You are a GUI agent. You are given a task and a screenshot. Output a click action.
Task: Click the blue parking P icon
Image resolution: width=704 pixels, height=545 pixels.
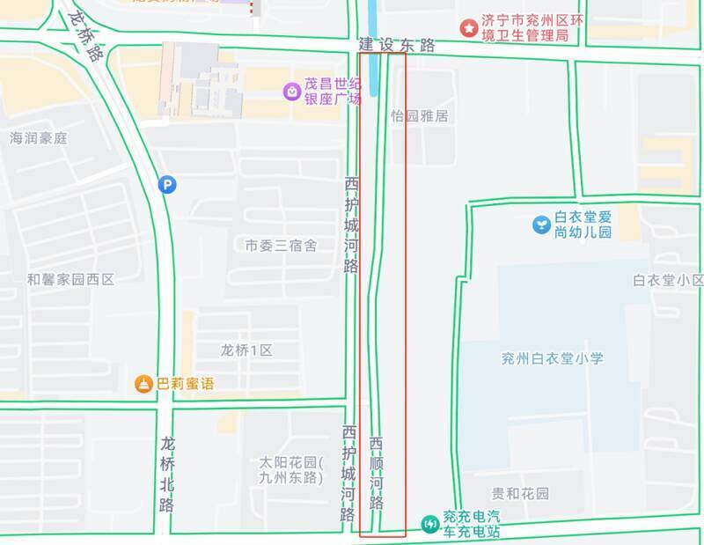(x=166, y=184)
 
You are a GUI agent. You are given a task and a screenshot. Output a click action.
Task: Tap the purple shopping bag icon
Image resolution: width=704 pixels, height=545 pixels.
(x=290, y=90)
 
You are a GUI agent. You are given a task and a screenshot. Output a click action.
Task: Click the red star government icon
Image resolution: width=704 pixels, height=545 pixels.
(x=469, y=27)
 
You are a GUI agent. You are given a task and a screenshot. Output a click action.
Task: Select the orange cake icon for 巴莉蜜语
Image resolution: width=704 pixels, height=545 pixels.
(x=143, y=384)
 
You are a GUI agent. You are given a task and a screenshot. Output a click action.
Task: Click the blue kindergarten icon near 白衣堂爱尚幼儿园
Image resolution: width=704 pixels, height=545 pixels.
(x=540, y=225)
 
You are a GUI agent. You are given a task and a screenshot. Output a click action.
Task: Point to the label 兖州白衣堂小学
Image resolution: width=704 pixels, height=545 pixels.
(x=552, y=358)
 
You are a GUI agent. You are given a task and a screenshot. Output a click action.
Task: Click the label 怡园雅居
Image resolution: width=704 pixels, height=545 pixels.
(x=420, y=115)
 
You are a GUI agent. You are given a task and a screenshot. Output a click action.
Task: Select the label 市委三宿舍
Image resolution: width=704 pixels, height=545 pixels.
(x=281, y=246)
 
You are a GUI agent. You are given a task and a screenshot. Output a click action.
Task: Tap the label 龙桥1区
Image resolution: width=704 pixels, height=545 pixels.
(x=246, y=350)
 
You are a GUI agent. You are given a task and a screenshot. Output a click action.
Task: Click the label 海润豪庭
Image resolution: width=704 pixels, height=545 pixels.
(x=38, y=138)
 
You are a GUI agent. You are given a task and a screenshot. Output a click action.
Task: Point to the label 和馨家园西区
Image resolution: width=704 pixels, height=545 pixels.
(x=70, y=279)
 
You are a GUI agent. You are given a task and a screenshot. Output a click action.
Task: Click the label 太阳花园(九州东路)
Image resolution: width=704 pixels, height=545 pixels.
(x=292, y=470)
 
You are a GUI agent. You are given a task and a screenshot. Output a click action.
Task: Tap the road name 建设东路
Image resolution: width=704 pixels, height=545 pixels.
(x=396, y=45)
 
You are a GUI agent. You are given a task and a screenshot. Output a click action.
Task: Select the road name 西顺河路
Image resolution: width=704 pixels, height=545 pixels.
(x=377, y=473)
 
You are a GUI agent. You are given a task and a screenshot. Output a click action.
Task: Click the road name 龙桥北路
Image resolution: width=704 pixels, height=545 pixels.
(x=168, y=473)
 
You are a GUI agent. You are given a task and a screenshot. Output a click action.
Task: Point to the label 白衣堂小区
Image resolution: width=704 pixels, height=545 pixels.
(x=668, y=280)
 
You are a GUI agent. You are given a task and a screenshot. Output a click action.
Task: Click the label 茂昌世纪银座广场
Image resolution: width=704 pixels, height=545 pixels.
(x=333, y=91)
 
